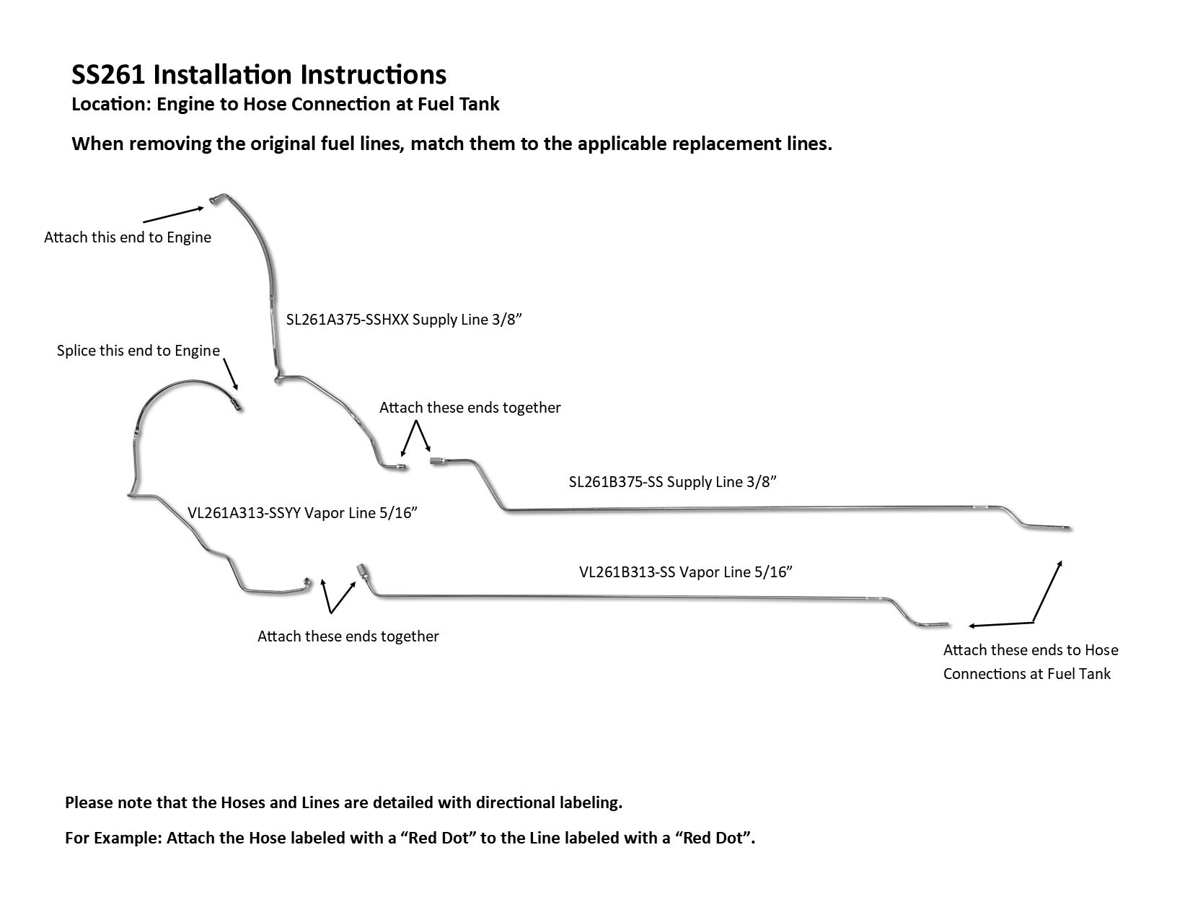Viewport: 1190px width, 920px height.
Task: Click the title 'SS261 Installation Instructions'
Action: pyautogui.click(x=258, y=75)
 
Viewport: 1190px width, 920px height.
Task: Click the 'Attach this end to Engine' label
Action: pyautogui.click(x=128, y=237)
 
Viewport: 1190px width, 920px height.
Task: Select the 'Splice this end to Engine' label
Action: pyautogui.click(x=138, y=351)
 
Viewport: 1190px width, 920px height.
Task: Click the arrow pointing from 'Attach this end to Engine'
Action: pyautogui.click(x=173, y=215)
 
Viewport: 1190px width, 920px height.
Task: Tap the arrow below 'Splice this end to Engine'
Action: pyautogui.click(x=231, y=374)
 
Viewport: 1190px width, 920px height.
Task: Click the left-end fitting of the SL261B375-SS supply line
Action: pyautogui.click(x=437, y=461)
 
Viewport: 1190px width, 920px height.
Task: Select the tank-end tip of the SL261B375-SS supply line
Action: pyautogui.click(x=1070, y=528)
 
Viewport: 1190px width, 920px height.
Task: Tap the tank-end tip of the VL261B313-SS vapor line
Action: pyautogui.click(x=947, y=624)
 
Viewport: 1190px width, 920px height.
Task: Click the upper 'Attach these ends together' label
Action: pyautogui.click(x=470, y=408)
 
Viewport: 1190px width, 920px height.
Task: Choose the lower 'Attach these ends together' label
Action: pyautogui.click(x=348, y=636)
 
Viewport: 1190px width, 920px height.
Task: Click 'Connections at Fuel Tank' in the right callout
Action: pyautogui.click(x=1027, y=673)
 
